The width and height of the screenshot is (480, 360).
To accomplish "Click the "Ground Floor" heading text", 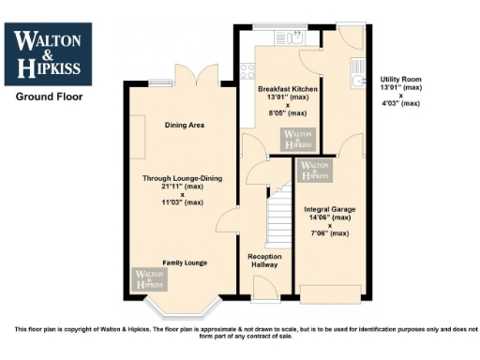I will [x=49, y=96].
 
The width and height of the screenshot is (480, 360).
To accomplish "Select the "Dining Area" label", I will [x=185, y=125].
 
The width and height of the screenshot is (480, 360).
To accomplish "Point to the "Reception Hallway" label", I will [x=265, y=261].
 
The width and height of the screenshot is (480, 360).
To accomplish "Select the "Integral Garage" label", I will [x=328, y=209].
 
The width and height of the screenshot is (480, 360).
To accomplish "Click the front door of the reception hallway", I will [x=265, y=292].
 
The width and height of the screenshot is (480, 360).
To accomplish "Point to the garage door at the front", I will [x=328, y=299].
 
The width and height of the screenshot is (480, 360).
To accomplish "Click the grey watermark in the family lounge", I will [x=147, y=278].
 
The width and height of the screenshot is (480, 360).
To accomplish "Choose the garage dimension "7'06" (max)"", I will [x=328, y=233].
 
